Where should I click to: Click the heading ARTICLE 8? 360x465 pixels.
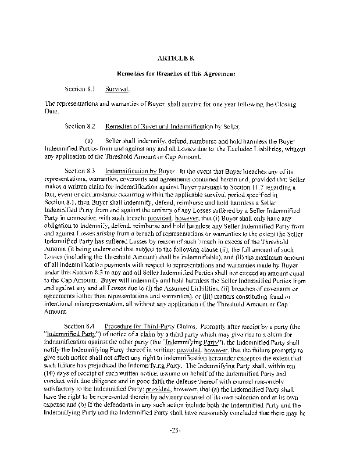point(180,58)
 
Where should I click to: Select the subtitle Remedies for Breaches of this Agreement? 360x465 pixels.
point(180,74)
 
